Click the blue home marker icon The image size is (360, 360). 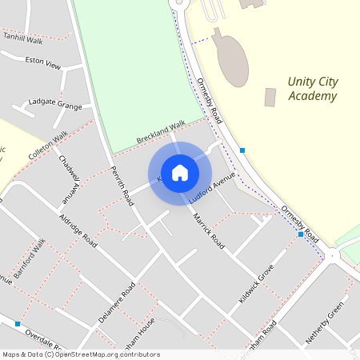click(x=180, y=172)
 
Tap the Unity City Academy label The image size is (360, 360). click(x=311, y=89)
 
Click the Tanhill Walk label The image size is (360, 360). click(x=22, y=38)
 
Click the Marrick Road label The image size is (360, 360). click(x=206, y=232)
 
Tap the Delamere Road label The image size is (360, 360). click(x=118, y=302)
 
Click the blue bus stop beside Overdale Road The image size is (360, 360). click(x=18, y=323)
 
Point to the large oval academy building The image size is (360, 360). click(x=231, y=57)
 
